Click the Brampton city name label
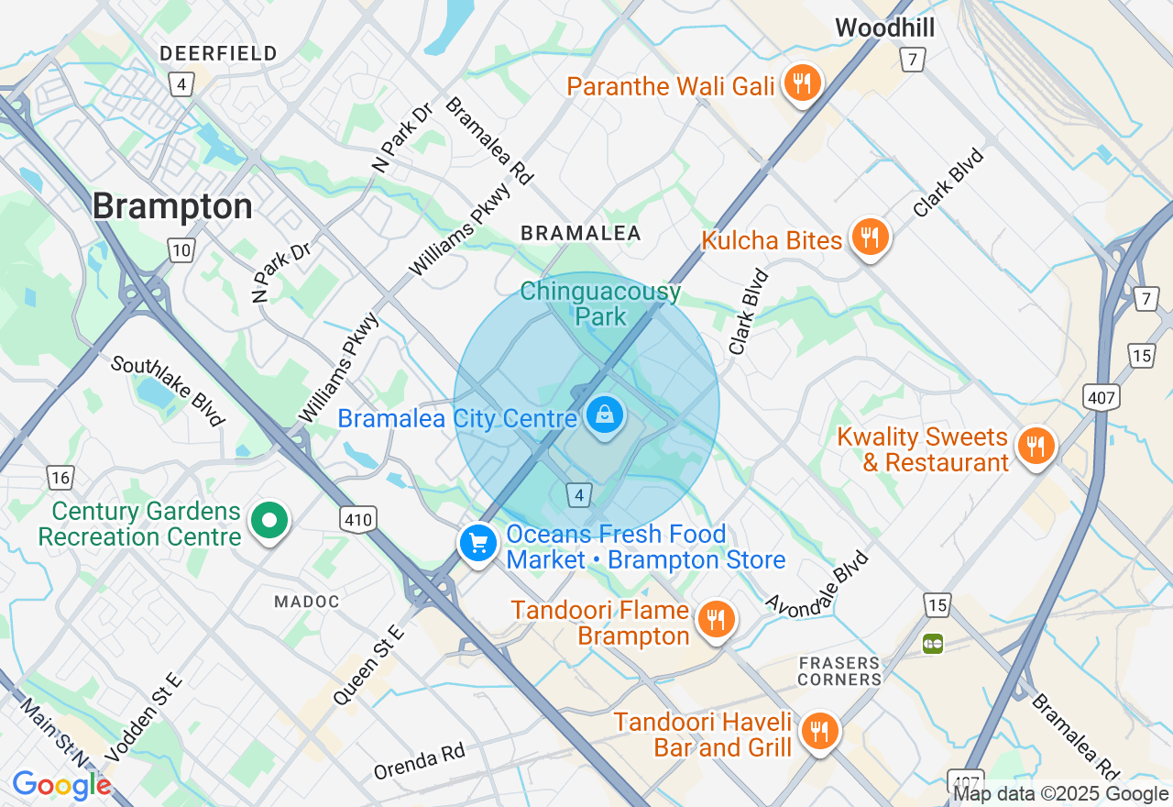(172, 206)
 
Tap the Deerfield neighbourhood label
(218, 53)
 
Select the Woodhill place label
(884, 28)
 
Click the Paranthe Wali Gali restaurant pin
(803, 84)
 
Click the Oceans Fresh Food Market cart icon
(477, 544)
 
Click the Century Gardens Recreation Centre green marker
(269, 522)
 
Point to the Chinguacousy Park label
(600, 304)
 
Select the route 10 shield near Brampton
(181, 249)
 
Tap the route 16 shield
(60, 477)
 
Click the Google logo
(61, 785)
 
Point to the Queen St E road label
(367, 665)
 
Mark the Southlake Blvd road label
(168, 391)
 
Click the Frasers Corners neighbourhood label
(839, 670)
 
